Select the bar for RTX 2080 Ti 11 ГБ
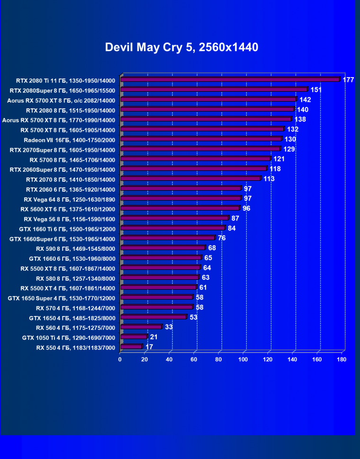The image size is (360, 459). pos(231,79)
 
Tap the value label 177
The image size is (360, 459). pos(348,79)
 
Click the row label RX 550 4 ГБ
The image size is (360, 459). pos(75,347)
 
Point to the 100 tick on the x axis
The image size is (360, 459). pos(243,360)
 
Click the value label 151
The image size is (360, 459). pos(316,89)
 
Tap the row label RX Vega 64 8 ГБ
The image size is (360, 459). pos(69,198)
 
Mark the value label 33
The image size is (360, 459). pos(169,327)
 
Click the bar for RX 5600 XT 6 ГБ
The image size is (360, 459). pos(180,208)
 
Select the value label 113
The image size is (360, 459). pos(269,178)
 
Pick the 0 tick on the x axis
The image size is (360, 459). pos(120,360)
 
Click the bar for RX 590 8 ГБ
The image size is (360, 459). pos(163,248)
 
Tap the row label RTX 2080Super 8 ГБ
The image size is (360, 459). pos(62,90)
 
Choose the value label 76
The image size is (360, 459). pos(221,238)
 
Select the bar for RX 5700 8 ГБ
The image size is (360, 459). pos(196,159)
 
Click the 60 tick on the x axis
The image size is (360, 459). pos(194,360)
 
